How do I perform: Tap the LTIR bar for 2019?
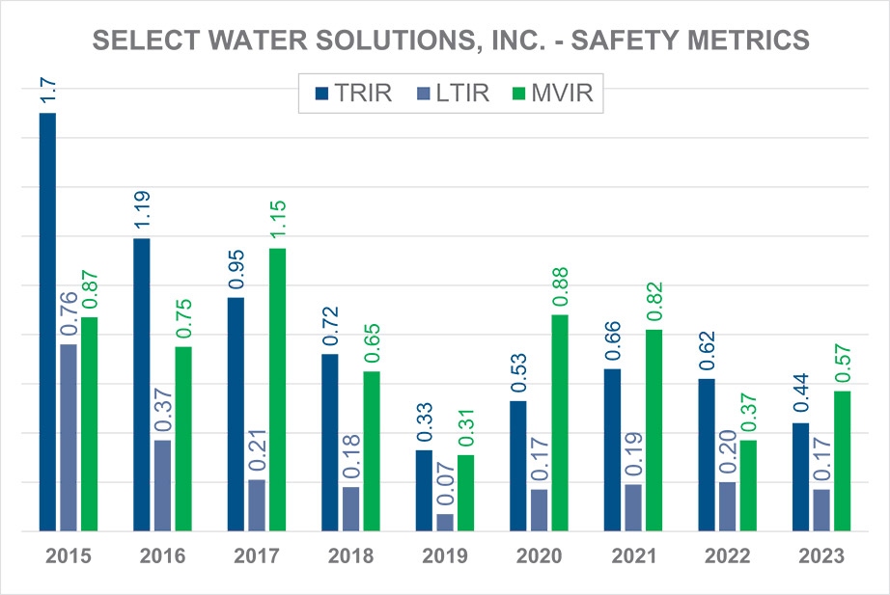[444, 522]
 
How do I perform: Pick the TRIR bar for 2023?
[800, 476]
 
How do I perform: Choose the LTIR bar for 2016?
[162, 485]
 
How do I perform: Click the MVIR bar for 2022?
[748, 485]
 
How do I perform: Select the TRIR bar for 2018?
[330, 442]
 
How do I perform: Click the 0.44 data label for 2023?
[800, 397]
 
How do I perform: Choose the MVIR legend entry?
[554, 94]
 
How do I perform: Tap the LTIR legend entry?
[456, 94]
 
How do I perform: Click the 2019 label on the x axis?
[444, 556]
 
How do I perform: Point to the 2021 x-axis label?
[633, 556]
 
